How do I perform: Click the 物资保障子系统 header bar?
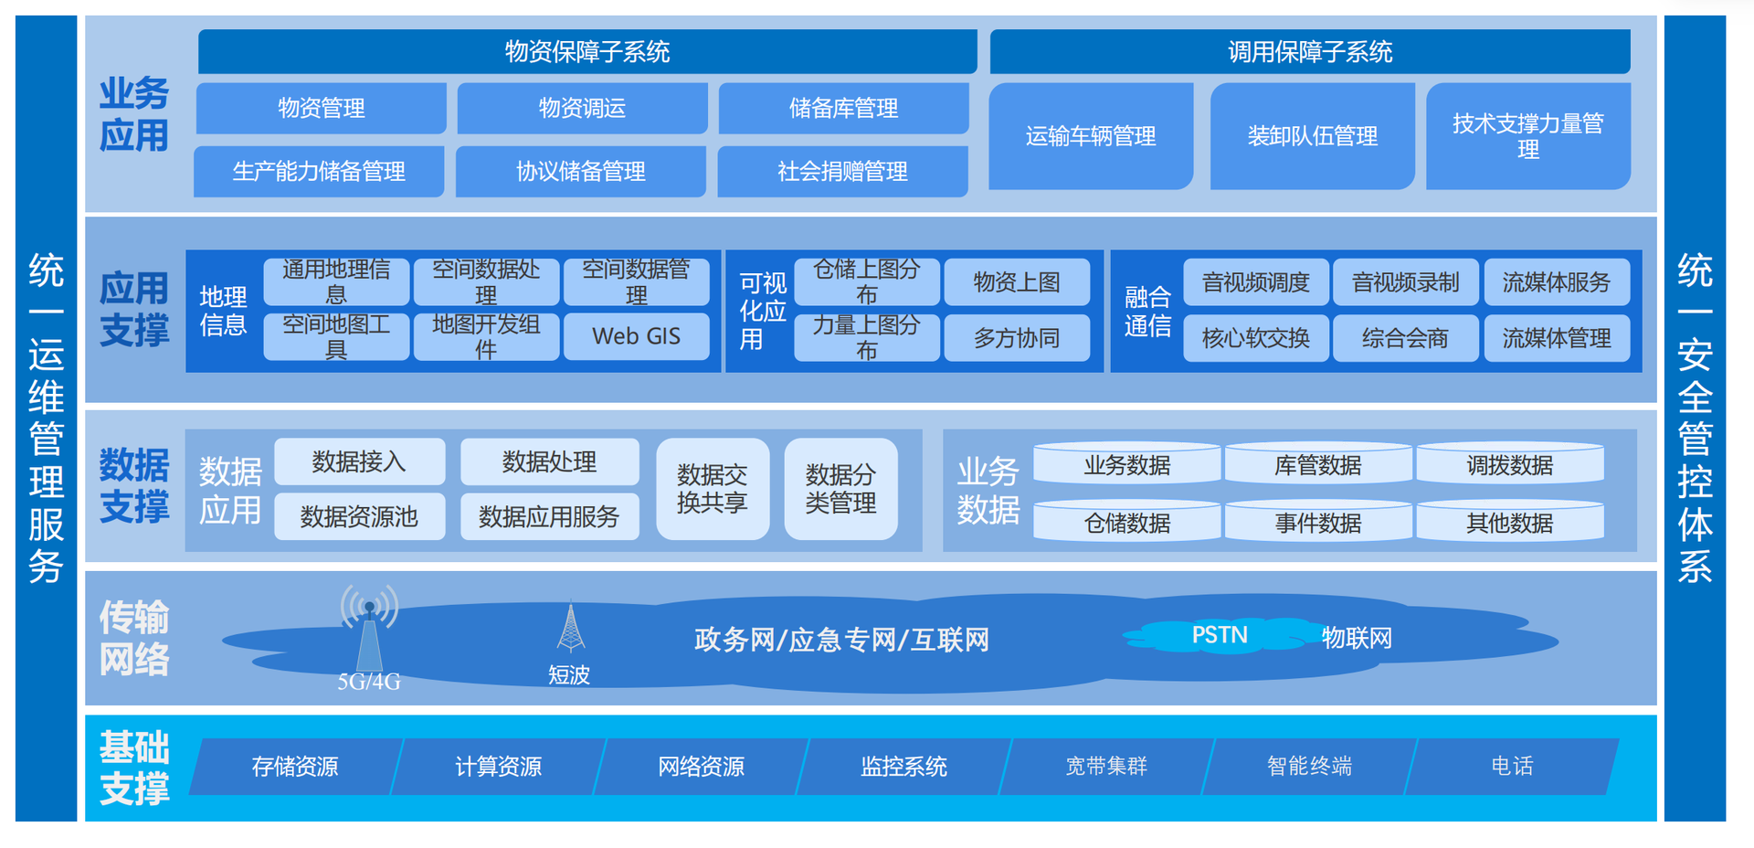click(587, 51)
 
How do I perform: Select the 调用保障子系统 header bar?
click(1310, 51)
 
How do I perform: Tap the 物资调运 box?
click(582, 108)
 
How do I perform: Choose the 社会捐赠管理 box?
click(842, 171)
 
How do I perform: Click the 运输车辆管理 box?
click(1091, 136)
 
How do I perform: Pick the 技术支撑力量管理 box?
click(1528, 136)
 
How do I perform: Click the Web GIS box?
click(636, 336)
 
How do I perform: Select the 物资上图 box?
click(1017, 282)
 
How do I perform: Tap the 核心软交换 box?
click(1256, 338)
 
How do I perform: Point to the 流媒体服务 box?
click(1557, 282)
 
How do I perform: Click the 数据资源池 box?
click(359, 516)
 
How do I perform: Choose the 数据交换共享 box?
click(713, 489)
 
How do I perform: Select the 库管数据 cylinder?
click(1317, 464)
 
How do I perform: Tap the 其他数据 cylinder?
click(1509, 522)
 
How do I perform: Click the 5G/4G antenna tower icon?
click(369, 630)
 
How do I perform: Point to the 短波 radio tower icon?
click(571, 627)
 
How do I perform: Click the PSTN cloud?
click(1220, 635)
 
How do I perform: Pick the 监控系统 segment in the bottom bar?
click(903, 766)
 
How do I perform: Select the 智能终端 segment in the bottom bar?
click(1309, 766)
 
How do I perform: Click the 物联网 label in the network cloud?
click(1357, 638)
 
